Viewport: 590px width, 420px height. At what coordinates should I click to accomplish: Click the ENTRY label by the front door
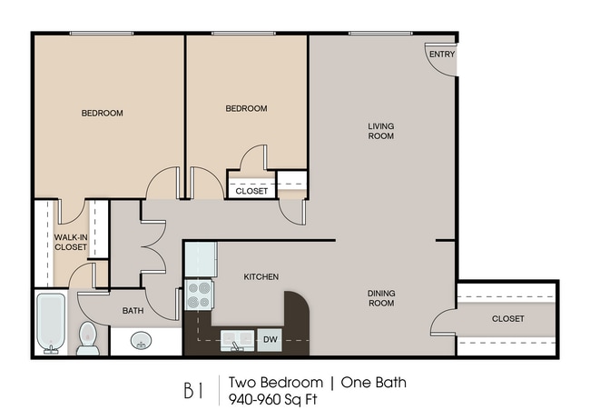(x=442, y=55)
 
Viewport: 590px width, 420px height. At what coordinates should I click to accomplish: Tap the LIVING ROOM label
(x=381, y=131)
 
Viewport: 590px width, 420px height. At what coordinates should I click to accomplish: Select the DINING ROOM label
(x=381, y=298)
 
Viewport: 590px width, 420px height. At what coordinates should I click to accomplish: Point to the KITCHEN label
(x=261, y=277)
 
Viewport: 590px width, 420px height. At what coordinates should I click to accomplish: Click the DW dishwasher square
(x=270, y=340)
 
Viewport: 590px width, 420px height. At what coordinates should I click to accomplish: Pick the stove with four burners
(x=199, y=295)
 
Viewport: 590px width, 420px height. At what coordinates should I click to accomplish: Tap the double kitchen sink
(x=238, y=340)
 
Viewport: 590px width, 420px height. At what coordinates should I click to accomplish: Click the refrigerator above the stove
(x=201, y=259)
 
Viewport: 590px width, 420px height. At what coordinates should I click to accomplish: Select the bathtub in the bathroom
(x=51, y=324)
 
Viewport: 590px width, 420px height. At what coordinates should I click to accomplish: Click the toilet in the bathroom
(x=88, y=338)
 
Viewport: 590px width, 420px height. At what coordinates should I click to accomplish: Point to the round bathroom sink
(x=141, y=340)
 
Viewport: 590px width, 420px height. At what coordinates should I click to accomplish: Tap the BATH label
(x=133, y=311)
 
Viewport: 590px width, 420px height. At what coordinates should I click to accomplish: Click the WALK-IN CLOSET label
(x=71, y=243)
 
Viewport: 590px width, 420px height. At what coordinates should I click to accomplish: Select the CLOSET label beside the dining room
(x=508, y=319)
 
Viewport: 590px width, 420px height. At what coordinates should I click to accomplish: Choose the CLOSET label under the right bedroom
(x=251, y=191)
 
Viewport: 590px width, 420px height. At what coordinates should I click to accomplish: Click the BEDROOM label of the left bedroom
(x=103, y=113)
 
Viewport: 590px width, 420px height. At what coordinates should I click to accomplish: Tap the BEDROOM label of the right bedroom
(x=247, y=108)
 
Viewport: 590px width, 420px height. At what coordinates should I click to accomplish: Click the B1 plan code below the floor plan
(x=193, y=391)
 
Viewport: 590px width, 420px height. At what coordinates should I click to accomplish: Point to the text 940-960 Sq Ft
(x=273, y=399)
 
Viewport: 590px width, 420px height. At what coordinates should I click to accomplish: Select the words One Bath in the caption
(x=374, y=383)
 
